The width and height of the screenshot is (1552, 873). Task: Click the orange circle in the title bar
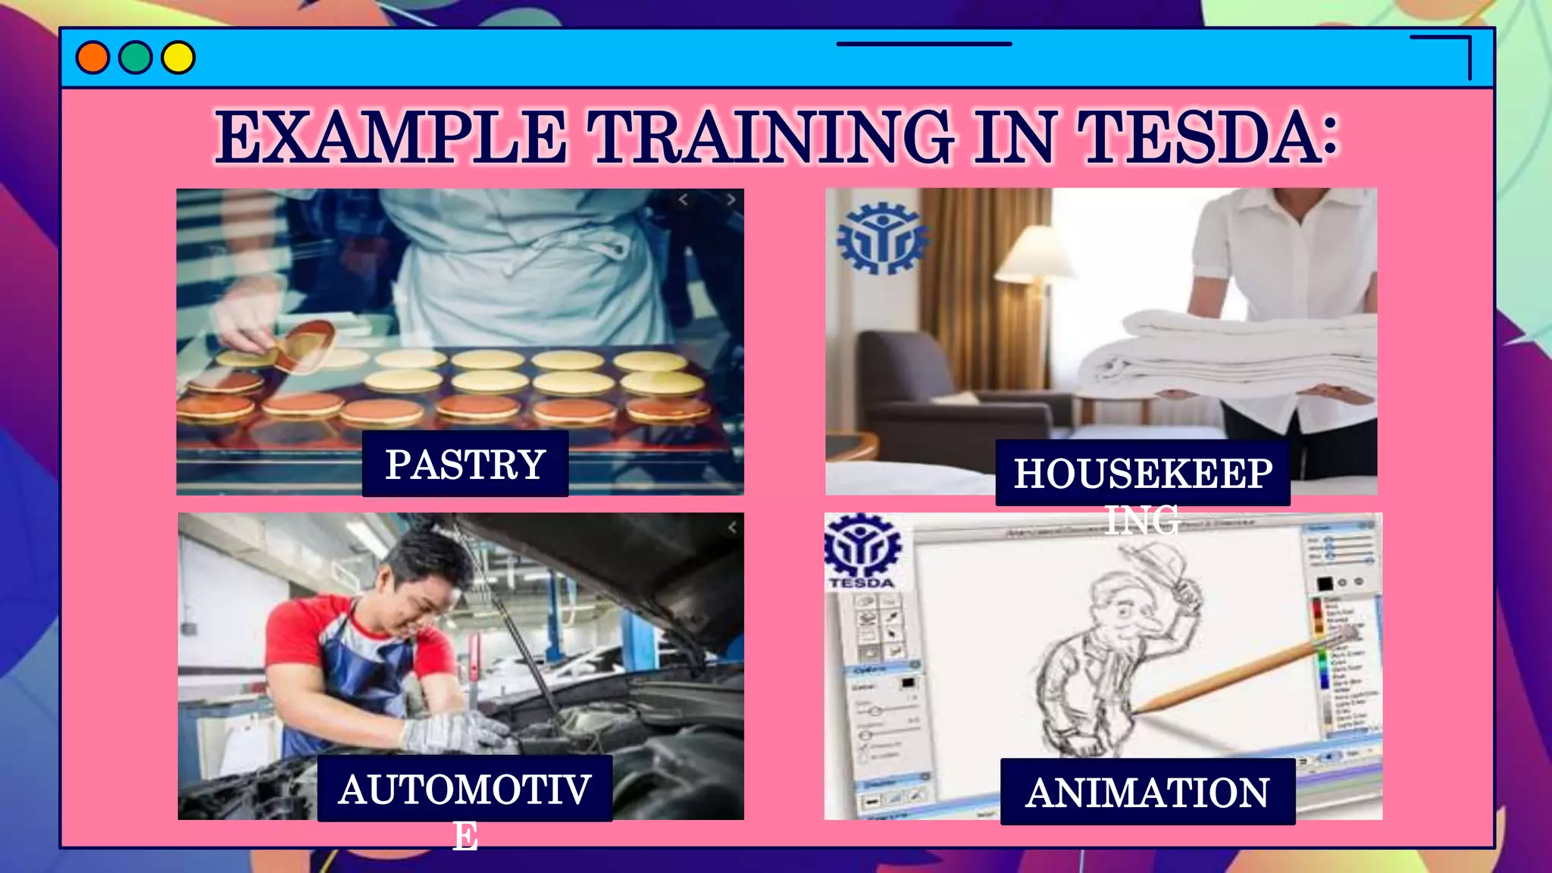pyautogui.click(x=92, y=58)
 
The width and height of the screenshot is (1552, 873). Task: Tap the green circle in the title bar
pyautogui.click(x=136, y=58)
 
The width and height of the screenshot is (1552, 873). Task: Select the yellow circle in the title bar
pyautogui.click(x=179, y=58)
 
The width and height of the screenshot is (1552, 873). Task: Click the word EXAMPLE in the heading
pyautogui.click(x=391, y=137)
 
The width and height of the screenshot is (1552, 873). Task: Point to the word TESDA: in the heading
pyautogui.click(x=1208, y=137)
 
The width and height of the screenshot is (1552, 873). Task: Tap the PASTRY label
pyautogui.click(x=465, y=464)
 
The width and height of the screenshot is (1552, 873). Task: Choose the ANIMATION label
pyautogui.click(x=1147, y=792)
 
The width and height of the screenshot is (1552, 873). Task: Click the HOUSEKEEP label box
pyautogui.click(x=1143, y=473)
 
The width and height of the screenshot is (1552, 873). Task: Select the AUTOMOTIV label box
pyautogui.click(x=465, y=789)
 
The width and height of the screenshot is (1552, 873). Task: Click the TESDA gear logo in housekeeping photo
pyautogui.click(x=881, y=239)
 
